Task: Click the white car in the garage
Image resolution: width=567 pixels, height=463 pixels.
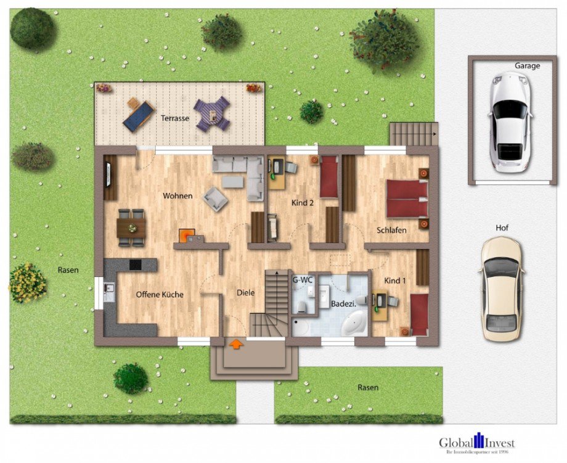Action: [x=510, y=121]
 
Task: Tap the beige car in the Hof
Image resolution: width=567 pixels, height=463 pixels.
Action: [x=501, y=289]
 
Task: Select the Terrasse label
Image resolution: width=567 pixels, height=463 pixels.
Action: [x=175, y=118]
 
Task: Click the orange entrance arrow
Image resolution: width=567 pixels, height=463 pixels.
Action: [x=236, y=344]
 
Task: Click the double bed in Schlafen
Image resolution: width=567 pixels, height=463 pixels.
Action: [x=407, y=199]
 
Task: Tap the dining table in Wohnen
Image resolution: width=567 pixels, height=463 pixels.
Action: [x=131, y=228]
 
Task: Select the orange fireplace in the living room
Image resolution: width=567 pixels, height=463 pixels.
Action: [x=187, y=236]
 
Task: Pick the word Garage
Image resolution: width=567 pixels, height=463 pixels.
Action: [x=528, y=66]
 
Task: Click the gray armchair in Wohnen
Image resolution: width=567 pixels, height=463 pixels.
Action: [x=215, y=199]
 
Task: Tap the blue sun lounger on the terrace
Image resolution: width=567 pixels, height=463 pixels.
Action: [x=139, y=116]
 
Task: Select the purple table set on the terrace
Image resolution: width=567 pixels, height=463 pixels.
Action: [x=212, y=114]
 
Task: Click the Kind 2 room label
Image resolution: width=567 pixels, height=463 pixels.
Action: [x=303, y=203]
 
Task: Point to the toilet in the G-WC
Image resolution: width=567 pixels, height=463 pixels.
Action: [x=303, y=307]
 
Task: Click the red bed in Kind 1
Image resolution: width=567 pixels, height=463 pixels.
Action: [x=420, y=314]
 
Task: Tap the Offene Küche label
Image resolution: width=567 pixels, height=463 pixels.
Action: [x=160, y=295]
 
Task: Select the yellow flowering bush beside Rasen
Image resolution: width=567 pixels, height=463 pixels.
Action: [x=27, y=283]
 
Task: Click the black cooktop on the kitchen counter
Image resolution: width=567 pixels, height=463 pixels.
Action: [x=135, y=264]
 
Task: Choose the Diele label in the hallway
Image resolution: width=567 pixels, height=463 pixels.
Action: [x=245, y=293]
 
